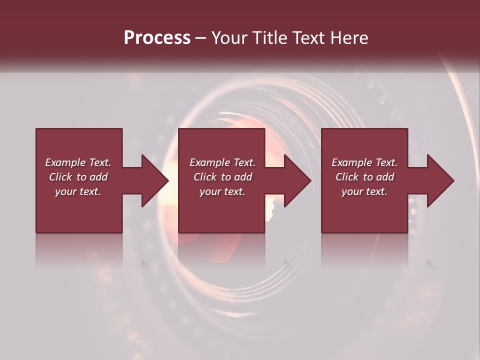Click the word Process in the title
157,38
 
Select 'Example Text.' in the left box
78,162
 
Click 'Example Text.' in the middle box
222,162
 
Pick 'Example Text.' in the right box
364,162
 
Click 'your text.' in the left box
78,191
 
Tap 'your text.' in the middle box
222,191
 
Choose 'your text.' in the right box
364,191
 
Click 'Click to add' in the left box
78,177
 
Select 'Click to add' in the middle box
222,177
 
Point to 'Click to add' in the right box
364,177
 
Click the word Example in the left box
65,162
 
